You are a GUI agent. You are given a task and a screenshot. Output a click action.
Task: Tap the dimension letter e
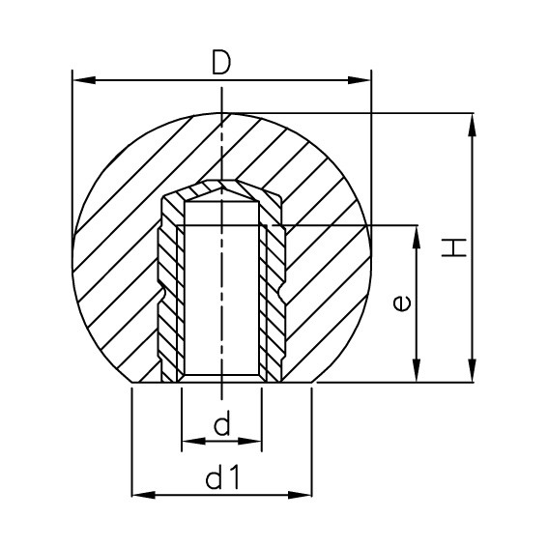[x=403, y=303]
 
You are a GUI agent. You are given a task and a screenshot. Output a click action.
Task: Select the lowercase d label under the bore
[x=221, y=426]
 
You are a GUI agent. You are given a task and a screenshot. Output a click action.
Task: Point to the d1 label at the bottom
[x=222, y=476]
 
